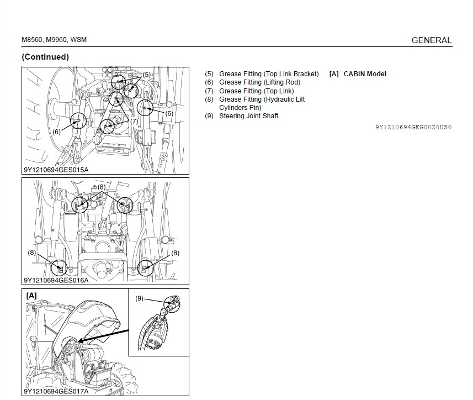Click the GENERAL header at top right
432,40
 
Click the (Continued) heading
45,57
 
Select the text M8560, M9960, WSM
54,40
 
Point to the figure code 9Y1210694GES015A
56,170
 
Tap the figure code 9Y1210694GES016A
56,281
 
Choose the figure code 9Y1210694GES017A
56,392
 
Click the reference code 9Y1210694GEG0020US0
413,127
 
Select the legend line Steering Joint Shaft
248,116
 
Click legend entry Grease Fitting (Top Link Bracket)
269,74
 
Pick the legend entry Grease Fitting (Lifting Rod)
260,82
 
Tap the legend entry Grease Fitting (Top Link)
257,91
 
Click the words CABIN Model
365,74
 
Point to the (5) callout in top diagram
147,75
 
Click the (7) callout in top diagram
134,122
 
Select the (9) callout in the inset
139,298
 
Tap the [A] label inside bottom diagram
31,296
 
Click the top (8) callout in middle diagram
102,187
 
